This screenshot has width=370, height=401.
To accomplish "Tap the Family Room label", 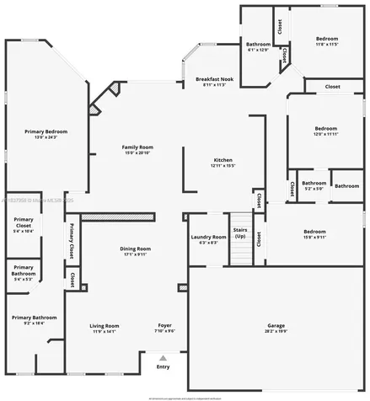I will pyautogui.click(x=137, y=149).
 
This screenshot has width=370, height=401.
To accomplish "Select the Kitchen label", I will pyautogui.click(x=223, y=162).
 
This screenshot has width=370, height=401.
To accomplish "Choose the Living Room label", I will pyautogui.click(x=105, y=327).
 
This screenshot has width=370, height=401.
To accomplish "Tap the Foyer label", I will pyautogui.click(x=166, y=327).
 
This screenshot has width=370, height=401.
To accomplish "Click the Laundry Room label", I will pyautogui.click(x=208, y=239).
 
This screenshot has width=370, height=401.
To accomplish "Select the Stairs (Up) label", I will pyautogui.click(x=240, y=233).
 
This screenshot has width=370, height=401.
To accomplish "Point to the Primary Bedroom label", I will pyautogui.click(x=46, y=134).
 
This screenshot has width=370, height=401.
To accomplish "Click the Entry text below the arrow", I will pyautogui.click(x=163, y=366).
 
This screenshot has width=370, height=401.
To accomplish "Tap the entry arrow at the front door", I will pyautogui.click(x=163, y=357).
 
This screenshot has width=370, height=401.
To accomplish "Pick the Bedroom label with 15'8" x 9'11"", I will pyautogui.click(x=314, y=233).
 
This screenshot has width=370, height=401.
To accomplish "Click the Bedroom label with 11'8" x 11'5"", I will pyautogui.click(x=327, y=40).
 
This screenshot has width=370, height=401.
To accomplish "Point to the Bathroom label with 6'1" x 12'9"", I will pyautogui.click(x=258, y=46).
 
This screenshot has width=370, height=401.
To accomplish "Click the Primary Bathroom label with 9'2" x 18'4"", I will pyautogui.click(x=35, y=319).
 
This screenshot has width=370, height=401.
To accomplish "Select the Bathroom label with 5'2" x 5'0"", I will pyautogui.click(x=314, y=185).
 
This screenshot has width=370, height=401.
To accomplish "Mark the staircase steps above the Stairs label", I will pyautogui.click(x=240, y=218).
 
